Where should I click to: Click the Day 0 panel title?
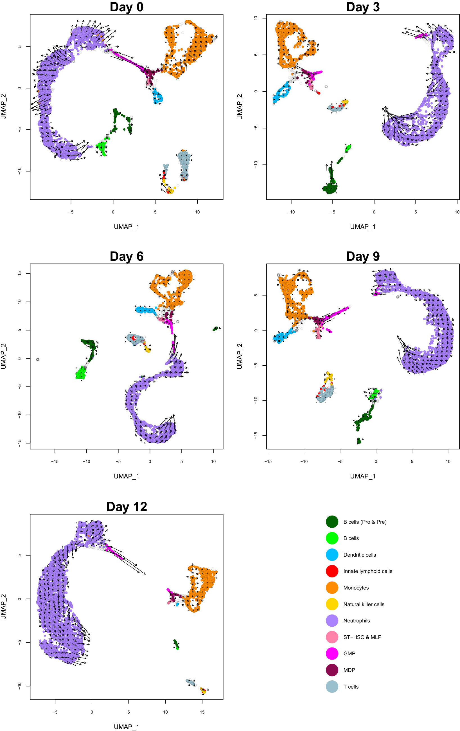click(126, 7)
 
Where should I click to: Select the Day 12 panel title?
click(127, 507)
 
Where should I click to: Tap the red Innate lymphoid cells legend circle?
click(332, 571)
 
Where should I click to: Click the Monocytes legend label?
click(356, 588)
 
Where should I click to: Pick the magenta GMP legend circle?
click(332, 653)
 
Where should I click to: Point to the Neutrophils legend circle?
click(332, 620)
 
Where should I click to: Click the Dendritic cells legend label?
click(359, 555)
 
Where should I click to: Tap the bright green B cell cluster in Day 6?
click(81, 373)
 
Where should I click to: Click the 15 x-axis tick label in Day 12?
click(202, 712)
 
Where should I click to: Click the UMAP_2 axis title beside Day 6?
click(4, 356)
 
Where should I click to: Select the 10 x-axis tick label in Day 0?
click(197, 212)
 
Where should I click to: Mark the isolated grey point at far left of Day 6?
click(38, 359)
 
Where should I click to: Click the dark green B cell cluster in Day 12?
click(176, 643)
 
